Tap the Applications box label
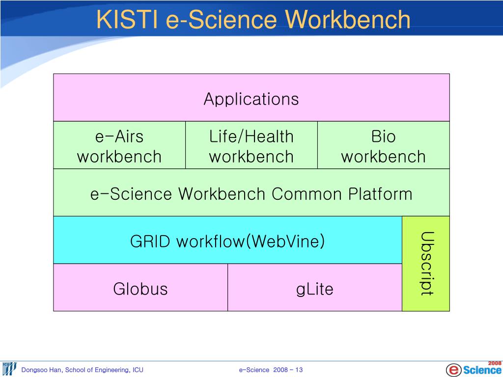tap(251, 99)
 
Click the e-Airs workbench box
tap(119, 146)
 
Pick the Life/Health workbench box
tap(251, 146)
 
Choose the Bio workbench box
tap(383, 146)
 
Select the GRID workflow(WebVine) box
tap(227, 241)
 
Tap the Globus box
tap(140, 289)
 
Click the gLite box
tap(314, 289)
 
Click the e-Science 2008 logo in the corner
tap(474, 368)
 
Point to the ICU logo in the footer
tap(9, 369)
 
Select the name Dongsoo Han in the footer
tap(41, 370)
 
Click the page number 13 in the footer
tap(299, 370)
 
